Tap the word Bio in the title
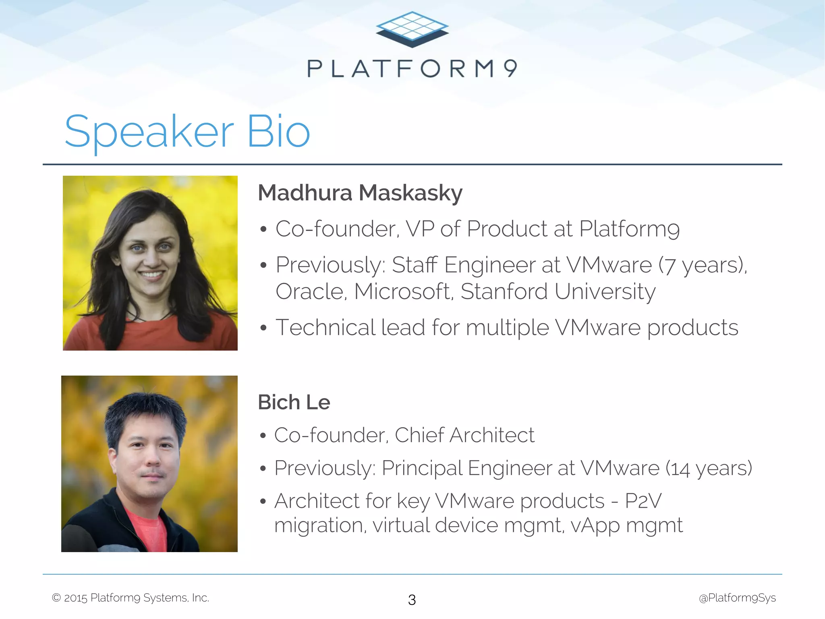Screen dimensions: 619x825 [x=278, y=131]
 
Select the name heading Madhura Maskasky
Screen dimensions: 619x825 [x=360, y=193]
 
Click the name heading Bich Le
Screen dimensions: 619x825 [x=294, y=402]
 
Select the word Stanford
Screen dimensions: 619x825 [x=504, y=291]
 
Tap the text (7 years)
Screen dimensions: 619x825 [x=703, y=266]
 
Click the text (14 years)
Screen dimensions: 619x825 [x=709, y=469]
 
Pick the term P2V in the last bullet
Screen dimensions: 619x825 [x=643, y=501]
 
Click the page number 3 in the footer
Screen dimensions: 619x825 [x=412, y=600]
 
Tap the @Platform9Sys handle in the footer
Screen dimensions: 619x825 [x=737, y=598]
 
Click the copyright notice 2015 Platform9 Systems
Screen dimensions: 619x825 [x=131, y=598]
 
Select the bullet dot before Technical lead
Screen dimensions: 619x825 [x=263, y=328]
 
